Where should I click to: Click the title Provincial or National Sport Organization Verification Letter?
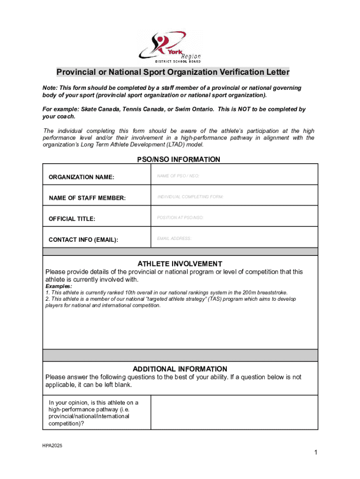pos(173,72)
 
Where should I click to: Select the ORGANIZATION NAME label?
pos(81,177)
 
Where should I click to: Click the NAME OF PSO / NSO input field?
pos(234,176)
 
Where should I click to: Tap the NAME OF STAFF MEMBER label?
pos(87,198)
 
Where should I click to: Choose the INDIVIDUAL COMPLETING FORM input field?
pos(234,197)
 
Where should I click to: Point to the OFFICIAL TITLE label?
pos(72,219)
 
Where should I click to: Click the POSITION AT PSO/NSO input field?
pos(234,218)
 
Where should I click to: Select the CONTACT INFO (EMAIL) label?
pos(83,240)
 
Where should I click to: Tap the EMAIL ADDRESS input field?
pos(234,239)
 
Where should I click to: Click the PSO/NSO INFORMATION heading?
pos(178,160)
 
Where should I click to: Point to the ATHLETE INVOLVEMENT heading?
pos(180,264)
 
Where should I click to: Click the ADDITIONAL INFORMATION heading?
pos(180,369)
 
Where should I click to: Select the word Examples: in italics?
pos(58,286)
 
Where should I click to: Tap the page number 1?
pos(316,452)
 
